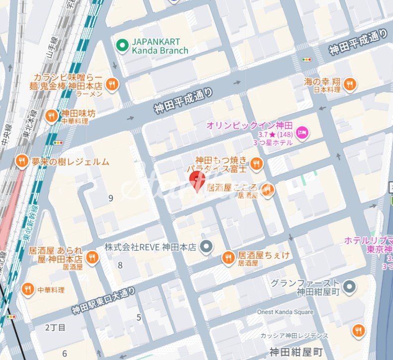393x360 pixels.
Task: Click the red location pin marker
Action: click(x=198, y=181)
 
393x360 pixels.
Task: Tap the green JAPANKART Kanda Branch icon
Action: click(x=122, y=46)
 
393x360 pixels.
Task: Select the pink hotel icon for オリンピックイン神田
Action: click(x=302, y=132)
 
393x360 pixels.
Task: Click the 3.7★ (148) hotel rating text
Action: click(x=272, y=134)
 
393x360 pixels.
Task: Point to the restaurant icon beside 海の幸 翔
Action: click(x=350, y=84)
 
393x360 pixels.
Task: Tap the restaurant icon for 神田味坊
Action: click(x=51, y=116)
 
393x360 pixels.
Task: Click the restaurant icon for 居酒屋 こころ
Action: click(x=268, y=190)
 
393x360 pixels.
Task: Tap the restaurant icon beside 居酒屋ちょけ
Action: click(x=229, y=257)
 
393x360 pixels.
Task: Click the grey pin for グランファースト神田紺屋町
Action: click(x=350, y=286)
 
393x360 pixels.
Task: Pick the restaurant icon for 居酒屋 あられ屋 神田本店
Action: click(x=91, y=257)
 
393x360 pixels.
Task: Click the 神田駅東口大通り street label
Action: click(x=103, y=301)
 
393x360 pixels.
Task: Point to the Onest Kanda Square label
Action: click(x=285, y=312)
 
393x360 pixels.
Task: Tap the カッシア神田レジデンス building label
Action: click(x=294, y=336)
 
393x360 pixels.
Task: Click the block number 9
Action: click(x=110, y=199)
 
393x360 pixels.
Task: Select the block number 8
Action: click(x=120, y=265)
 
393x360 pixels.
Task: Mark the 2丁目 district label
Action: click(x=55, y=327)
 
